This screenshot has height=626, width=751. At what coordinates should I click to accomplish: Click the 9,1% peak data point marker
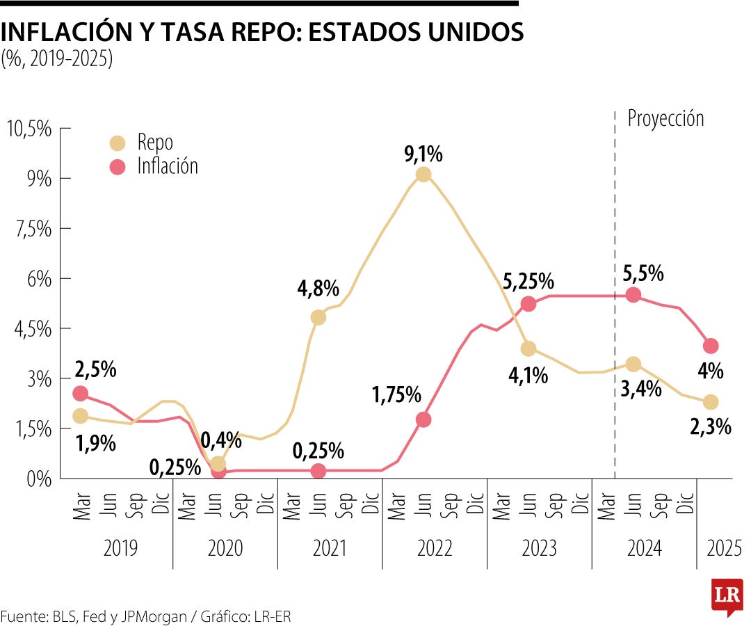coord(423,174)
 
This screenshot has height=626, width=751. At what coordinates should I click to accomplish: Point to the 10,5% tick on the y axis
coord(29,129)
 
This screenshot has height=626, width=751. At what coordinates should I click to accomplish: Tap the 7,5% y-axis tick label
coord(29,229)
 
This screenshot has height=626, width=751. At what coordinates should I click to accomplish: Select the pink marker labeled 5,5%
coord(633,294)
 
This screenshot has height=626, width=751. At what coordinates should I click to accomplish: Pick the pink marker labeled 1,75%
coord(423,419)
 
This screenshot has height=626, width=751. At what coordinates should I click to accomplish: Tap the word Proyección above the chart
coord(665,118)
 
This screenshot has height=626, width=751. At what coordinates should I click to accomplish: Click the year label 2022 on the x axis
coord(435,549)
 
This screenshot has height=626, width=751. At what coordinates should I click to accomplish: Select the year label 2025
coord(724,549)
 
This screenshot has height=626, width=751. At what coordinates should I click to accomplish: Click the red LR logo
coord(727,596)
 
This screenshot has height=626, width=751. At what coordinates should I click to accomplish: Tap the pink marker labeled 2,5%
coord(81,393)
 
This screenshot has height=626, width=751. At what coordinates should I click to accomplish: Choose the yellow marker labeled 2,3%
coord(710,402)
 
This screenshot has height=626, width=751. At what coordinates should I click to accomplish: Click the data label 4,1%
coord(528,376)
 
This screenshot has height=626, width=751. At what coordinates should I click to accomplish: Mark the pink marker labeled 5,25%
coord(528,303)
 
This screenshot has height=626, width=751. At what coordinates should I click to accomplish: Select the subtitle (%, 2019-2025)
coord(56,60)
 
